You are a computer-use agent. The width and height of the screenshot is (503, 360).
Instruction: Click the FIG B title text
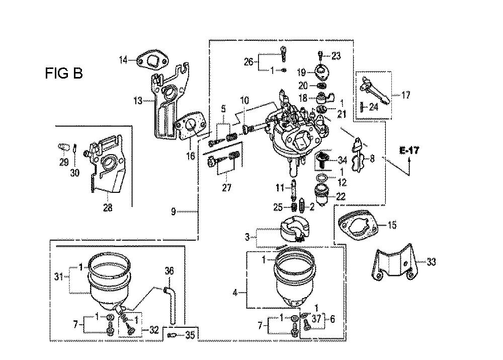tap(64, 73)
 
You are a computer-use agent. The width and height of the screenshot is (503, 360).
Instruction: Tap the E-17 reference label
tap(409, 150)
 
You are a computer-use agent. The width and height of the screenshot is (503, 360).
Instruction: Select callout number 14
tap(124, 60)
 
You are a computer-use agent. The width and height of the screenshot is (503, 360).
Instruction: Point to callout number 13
tap(138, 101)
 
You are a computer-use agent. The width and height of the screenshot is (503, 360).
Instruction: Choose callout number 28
tap(108, 207)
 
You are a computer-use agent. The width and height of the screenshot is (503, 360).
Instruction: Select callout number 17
tap(406, 95)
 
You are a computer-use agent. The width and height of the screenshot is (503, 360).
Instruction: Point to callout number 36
tap(169, 271)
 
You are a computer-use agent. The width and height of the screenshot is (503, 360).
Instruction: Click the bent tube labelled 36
tap(171, 305)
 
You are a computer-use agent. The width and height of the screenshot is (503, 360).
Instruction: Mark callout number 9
tap(173, 211)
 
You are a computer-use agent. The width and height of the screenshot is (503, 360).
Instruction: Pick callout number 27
tap(226, 187)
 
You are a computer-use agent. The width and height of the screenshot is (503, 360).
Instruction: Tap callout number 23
tap(336, 56)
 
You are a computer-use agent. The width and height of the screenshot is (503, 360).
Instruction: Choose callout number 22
tap(340, 196)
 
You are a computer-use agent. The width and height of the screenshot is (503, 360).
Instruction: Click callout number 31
tap(59, 276)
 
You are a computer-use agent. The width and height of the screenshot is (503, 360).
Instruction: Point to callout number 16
tap(191, 156)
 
